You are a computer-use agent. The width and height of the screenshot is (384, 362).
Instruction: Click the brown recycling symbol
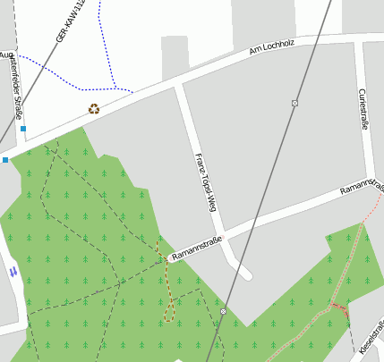(94, 109)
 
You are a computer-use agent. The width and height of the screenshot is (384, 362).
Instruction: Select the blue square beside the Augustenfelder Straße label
(23, 129)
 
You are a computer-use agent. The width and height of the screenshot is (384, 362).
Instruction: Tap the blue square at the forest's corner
(5, 160)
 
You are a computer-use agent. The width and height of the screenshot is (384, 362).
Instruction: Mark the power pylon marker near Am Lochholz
(294, 104)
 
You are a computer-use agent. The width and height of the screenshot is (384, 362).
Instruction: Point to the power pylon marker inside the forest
(223, 311)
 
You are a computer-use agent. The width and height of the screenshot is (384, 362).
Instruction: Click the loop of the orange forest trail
(168, 312)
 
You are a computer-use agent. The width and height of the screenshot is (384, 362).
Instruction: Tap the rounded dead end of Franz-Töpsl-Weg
(244, 272)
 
